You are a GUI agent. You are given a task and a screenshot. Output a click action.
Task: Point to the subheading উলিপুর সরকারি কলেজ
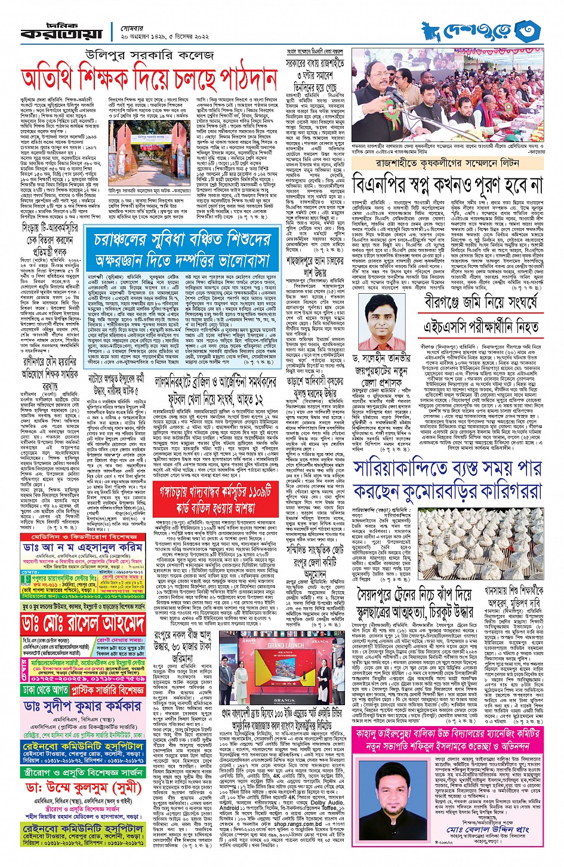pyautogui.click(x=149, y=56)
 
